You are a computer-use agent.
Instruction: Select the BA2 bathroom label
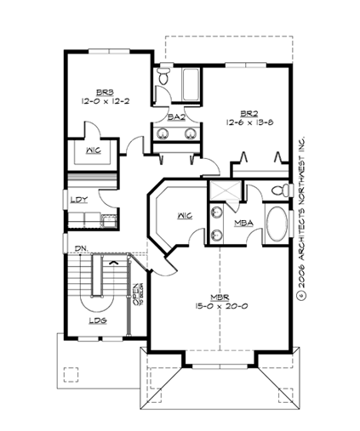(x=176, y=116)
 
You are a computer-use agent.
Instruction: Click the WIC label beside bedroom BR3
(x=94, y=150)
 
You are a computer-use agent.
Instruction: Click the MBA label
(x=242, y=224)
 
